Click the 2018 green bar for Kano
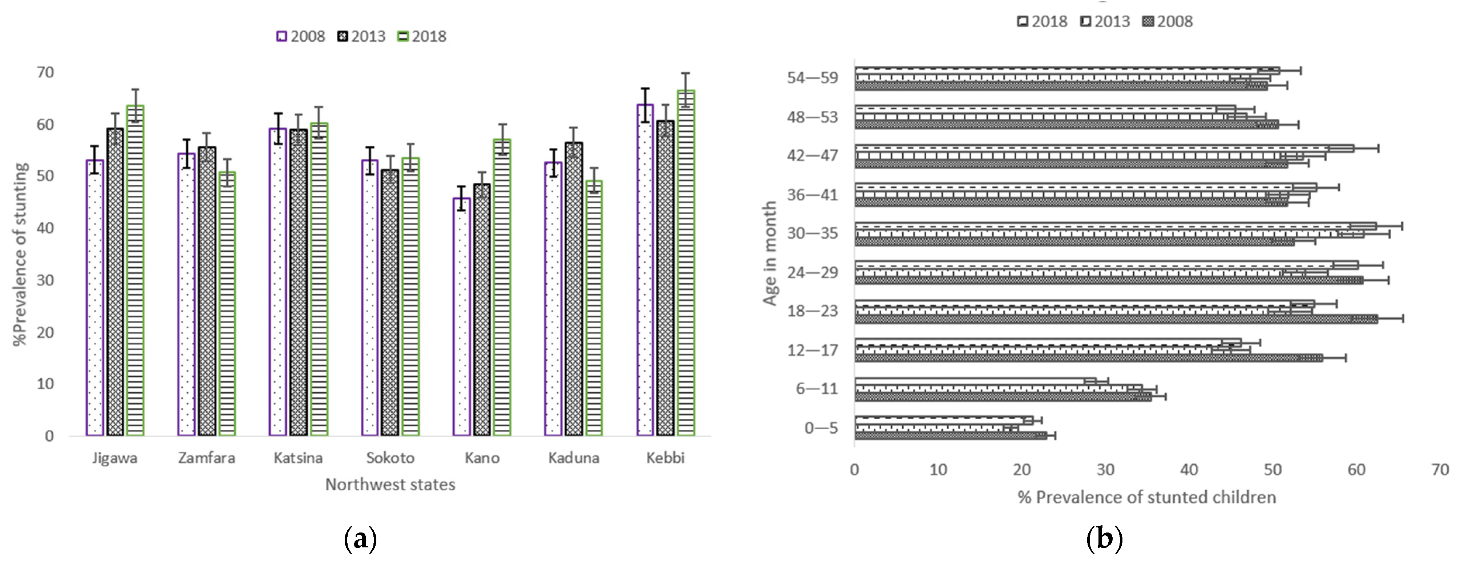click(x=502, y=288)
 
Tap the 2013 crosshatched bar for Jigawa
click(x=115, y=283)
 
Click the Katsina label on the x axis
click(x=298, y=458)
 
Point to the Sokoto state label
click(x=390, y=458)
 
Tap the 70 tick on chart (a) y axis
click(x=45, y=72)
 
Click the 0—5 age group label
click(x=821, y=428)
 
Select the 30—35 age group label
click(x=812, y=233)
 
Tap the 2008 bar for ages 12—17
click(x=1086, y=358)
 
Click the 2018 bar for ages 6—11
click(x=973, y=381)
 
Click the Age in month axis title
click(x=770, y=254)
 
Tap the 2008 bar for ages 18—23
click(x=1114, y=319)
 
